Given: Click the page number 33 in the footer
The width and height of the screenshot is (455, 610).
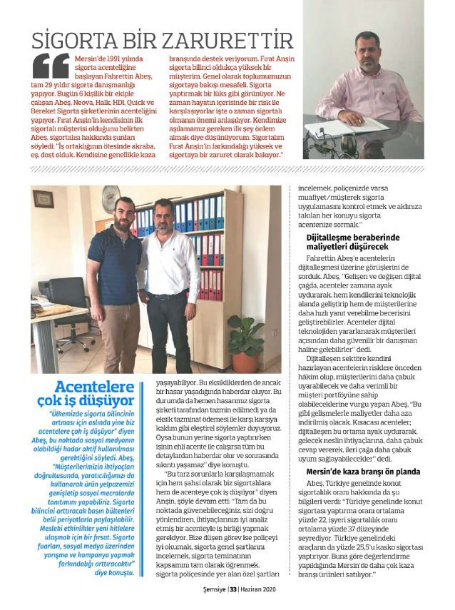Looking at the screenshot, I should [x=233, y=589].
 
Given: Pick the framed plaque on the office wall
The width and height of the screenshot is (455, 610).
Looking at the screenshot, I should [x=44, y=198].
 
